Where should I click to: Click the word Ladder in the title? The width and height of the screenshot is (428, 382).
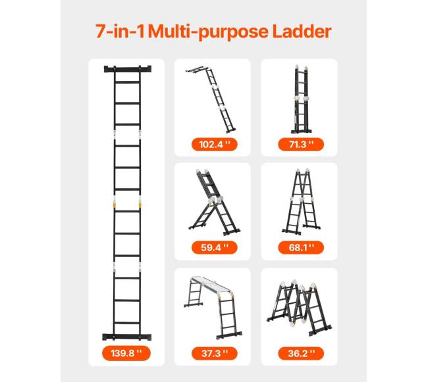click(302, 32)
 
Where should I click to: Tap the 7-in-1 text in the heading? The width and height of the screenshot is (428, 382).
click(120, 32)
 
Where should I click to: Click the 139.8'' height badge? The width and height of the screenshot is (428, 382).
click(126, 353)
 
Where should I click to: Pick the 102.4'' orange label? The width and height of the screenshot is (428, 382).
click(215, 145)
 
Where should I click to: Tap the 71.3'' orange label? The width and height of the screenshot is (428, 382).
click(301, 145)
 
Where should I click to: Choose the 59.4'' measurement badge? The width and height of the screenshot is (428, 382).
click(215, 248)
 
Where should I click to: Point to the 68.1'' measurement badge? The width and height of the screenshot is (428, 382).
click(301, 248)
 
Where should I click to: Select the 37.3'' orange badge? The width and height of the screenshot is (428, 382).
click(215, 353)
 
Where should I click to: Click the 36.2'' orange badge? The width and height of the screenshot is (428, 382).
click(301, 353)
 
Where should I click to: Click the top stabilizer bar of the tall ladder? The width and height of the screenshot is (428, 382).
click(128, 69)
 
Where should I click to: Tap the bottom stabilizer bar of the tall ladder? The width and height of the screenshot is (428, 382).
click(126, 337)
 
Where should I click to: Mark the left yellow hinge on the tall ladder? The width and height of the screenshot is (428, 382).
click(115, 204)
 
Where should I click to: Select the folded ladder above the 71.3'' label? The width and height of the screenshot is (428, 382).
click(301, 99)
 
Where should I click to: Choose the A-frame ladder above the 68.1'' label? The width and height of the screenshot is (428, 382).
click(301, 202)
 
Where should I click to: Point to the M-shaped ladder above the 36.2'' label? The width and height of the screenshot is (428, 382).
click(299, 307)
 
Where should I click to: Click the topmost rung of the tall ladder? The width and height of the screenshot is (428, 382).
click(128, 82)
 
